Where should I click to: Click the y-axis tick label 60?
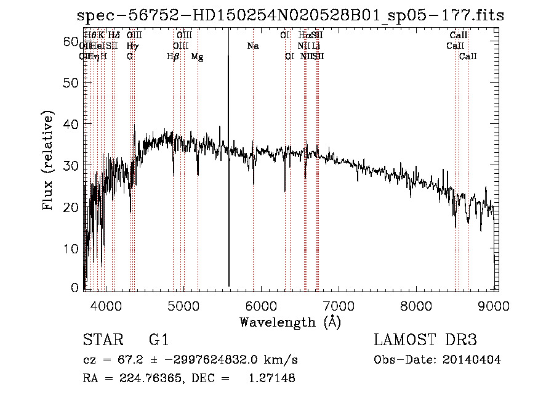tap(73, 41)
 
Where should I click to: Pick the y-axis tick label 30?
tap(73, 166)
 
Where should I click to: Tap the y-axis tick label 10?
tap(73, 248)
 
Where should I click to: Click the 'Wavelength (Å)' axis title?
tap(290, 322)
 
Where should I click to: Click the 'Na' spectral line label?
tap(253, 46)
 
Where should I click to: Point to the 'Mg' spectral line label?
tap(197, 56)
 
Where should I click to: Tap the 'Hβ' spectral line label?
tap(173, 56)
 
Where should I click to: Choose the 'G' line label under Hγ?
tap(130, 56)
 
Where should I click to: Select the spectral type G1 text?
tap(159, 341)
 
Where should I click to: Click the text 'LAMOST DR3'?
tap(425, 341)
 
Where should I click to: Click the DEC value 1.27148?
tap(271, 378)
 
